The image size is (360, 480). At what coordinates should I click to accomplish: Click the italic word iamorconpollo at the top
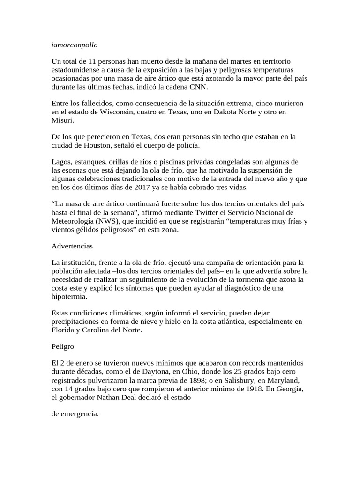point(75,45)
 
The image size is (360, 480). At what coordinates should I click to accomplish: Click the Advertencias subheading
point(72,246)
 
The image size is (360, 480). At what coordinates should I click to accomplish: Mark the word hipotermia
point(69,296)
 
